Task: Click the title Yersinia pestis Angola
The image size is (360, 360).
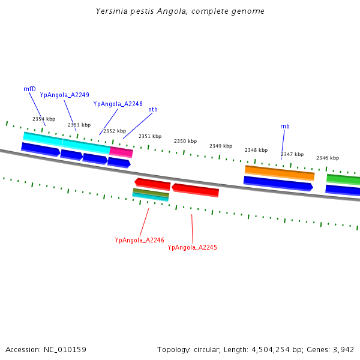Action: point(180,11)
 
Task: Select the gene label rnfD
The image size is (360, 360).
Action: point(29,89)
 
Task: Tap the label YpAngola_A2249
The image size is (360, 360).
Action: point(65,95)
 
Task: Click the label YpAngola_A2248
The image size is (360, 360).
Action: point(118,104)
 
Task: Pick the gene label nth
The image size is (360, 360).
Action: point(153,109)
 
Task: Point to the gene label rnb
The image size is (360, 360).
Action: point(284,126)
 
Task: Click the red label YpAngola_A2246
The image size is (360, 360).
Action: point(140,240)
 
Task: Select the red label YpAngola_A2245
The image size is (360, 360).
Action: point(193,247)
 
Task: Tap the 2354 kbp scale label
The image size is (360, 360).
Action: point(44,119)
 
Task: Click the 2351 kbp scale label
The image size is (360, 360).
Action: point(150,136)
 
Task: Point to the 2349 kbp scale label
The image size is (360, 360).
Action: point(221,146)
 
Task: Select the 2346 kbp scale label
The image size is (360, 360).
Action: point(328,158)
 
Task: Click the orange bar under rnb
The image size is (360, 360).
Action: point(279,172)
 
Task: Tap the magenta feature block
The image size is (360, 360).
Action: point(121,152)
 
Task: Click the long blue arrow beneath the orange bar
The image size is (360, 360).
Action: point(278,184)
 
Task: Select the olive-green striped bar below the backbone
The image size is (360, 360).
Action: point(151,192)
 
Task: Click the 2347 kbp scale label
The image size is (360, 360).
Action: point(292,154)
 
